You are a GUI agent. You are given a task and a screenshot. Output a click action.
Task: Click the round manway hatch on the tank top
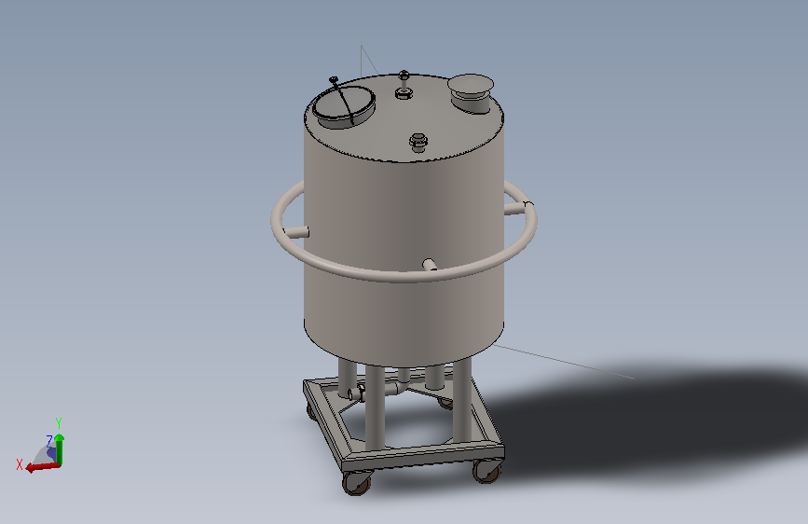click(x=344, y=107)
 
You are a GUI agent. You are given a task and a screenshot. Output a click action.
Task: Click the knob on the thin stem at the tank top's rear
click(x=404, y=75)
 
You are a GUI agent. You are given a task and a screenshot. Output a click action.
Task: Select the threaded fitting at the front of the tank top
click(x=418, y=142)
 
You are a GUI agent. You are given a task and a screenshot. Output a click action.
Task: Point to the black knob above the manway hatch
click(x=333, y=80)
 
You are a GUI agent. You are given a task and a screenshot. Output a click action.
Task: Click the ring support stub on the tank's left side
click(x=295, y=232)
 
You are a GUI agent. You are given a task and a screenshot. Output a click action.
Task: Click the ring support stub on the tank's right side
click(x=515, y=207)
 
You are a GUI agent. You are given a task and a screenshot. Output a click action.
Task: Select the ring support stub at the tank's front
click(x=430, y=265)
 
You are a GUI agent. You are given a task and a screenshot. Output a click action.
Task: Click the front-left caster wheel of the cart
click(x=356, y=485)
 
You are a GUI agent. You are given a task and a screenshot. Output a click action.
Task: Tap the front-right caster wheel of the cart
click(x=487, y=472)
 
